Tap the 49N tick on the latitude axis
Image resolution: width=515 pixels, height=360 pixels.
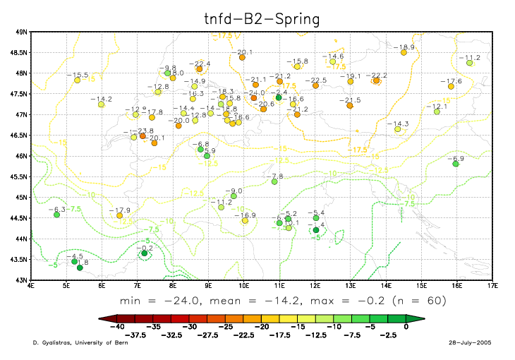pyautogui.click(x=23, y=32)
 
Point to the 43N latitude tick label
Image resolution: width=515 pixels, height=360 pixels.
pyautogui.click(x=23, y=280)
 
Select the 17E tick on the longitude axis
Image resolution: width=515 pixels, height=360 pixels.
pyautogui.click(x=492, y=287)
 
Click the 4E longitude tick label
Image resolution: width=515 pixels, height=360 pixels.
pyautogui.click(x=31, y=287)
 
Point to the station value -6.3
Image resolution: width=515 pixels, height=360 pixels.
pyautogui.click(x=57, y=210)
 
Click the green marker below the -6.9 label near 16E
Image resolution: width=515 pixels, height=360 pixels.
pyautogui.click(x=456, y=164)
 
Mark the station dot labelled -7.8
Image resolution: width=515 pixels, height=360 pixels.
pyautogui.click(x=274, y=181)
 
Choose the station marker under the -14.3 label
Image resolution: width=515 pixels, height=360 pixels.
pyautogui.click(x=398, y=129)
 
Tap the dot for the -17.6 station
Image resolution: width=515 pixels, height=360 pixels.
pyautogui.click(x=451, y=87)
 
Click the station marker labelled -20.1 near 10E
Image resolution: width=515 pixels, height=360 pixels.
pyautogui.click(x=242, y=57)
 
